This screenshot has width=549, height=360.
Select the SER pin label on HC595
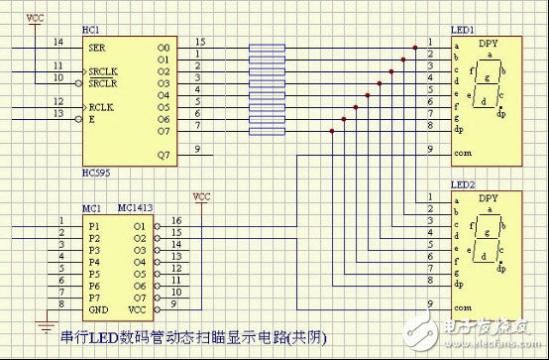[x=96, y=47]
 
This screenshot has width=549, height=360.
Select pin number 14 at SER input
[x=57, y=42]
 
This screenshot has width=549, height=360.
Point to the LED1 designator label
[x=462, y=28]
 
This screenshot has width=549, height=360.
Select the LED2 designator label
[x=462, y=184]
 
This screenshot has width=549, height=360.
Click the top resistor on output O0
[x=268, y=47]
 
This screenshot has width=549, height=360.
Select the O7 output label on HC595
[x=165, y=129]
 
